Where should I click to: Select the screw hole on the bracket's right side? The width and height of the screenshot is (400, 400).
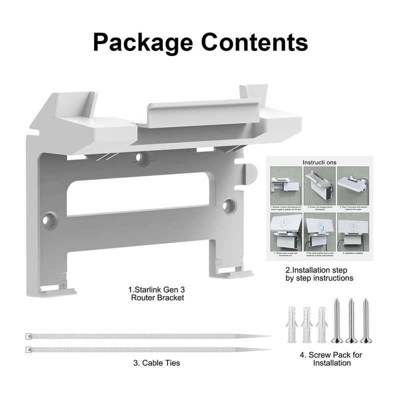coord(229,204)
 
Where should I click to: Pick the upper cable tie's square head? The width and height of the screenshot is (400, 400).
coord(28,336)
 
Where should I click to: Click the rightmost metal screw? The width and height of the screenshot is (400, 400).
coord(367,320)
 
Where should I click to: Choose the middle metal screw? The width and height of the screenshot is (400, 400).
coord(351,320)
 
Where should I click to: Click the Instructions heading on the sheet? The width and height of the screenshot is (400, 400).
coord(320,162)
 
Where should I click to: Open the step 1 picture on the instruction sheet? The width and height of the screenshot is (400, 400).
coord(285,182)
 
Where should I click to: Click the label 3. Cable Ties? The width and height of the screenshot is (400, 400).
coord(156,363)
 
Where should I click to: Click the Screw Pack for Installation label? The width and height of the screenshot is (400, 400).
coord(330,359)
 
